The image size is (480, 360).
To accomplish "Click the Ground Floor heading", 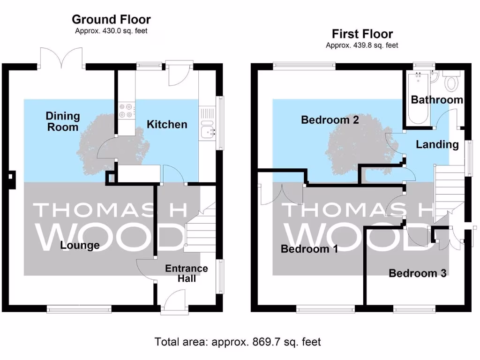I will [111, 20].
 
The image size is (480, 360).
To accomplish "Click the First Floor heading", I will [362, 34].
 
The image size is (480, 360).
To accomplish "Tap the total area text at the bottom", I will [238, 342].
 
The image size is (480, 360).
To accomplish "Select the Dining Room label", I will [63, 121].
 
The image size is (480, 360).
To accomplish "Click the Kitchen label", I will [167, 124].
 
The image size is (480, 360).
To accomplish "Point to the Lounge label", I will [80, 245].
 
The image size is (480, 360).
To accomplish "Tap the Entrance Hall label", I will [187, 273].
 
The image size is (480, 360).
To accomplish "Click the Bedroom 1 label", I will [309, 249].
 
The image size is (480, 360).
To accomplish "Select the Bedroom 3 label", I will [417, 273].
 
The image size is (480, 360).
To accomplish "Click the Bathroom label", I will [437, 100].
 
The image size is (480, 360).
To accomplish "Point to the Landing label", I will [437, 144].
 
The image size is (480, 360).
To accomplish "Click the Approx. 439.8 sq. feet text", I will [362, 45].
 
